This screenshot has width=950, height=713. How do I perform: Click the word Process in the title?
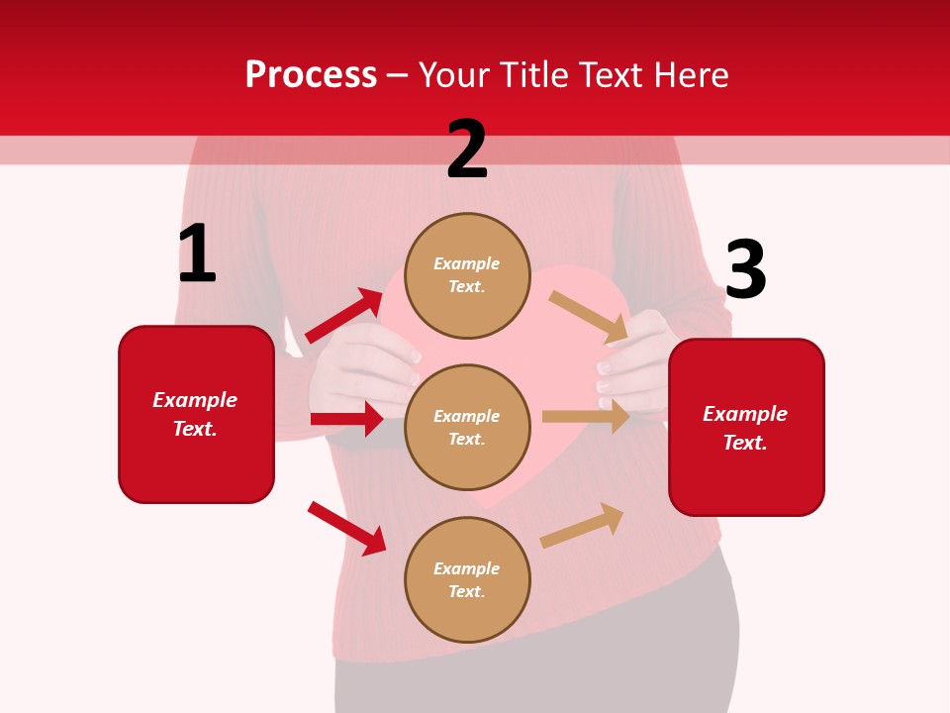point(311,75)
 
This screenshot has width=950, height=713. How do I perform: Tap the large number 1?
point(197,254)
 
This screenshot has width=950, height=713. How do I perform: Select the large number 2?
point(467,150)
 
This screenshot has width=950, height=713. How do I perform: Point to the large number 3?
point(745,269)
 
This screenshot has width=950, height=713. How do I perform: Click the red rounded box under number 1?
point(196,414)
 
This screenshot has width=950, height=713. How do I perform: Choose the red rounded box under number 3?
point(746,428)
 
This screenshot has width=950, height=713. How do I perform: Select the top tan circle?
point(467,275)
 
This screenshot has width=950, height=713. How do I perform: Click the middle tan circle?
point(467,427)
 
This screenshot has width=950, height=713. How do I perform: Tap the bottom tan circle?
point(467,579)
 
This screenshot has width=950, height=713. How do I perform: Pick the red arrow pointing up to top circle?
point(344,316)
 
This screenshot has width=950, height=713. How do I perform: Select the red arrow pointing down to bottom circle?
point(346,528)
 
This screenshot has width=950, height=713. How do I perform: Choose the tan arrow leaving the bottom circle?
point(583,525)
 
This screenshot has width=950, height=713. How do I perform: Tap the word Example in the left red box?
point(195,400)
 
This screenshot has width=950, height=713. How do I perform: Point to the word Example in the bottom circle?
point(467,568)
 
